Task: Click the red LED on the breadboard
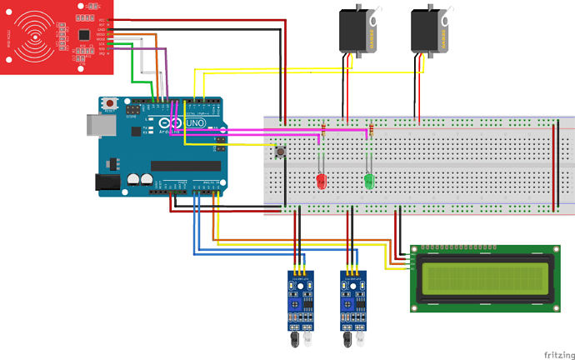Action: pos(319,182)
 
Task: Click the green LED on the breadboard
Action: pos(369,181)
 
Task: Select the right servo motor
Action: pos(431,30)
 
